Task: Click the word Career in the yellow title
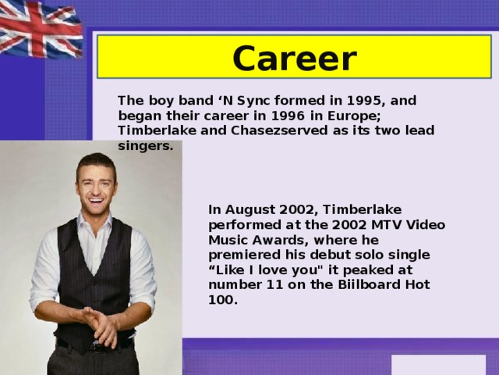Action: click(x=294, y=59)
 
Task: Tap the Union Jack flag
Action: click(x=39, y=28)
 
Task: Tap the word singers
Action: click(x=145, y=145)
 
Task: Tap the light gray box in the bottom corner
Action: click(x=437, y=365)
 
